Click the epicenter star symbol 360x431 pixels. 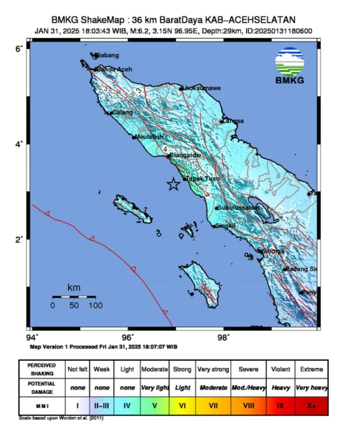coord(173,184)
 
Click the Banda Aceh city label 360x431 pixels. coord(114,70)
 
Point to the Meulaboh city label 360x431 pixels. coord(149,137)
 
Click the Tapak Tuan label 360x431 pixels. coord(203,179)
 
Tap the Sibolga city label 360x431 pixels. coord(273,251)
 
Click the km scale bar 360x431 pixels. coord(74,297)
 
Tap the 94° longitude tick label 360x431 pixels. coord(32,337)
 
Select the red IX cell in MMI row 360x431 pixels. coord(280,406)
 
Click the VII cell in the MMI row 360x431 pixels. coord(213,406)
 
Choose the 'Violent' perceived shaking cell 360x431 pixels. coord(280,369)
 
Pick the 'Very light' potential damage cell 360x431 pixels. coord(155,388)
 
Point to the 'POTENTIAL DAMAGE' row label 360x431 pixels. coord(42,388)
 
